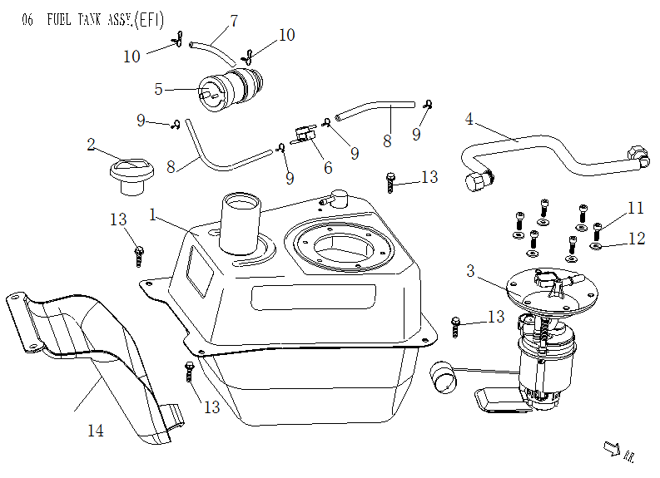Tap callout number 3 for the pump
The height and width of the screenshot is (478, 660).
point(470,271)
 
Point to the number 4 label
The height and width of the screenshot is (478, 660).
point(469,119)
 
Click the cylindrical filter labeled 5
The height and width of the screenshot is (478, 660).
point(229,87)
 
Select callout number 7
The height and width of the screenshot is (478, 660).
point(233,21)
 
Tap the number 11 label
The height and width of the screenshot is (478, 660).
point(636,207)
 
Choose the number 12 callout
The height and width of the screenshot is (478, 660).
point(636,239)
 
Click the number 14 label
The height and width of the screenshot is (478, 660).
point(97,430)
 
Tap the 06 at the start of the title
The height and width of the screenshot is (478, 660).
point(27,21)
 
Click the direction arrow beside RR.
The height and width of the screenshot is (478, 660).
point(611,448)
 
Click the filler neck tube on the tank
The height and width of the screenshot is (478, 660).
point(241,223)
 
